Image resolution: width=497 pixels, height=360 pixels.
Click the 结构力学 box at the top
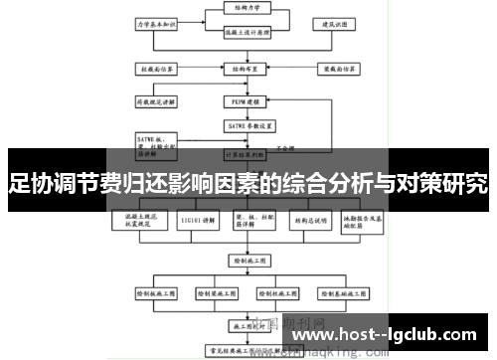[241, 8]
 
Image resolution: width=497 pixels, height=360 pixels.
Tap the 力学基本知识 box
[155, 22]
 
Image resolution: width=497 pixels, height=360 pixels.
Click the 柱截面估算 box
[156, 70]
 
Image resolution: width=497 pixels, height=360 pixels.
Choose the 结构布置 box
[241, 70]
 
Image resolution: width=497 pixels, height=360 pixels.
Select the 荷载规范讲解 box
[156, 100]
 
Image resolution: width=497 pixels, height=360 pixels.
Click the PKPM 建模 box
[241, 101]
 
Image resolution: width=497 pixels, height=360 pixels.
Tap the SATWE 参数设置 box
[241, 125]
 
